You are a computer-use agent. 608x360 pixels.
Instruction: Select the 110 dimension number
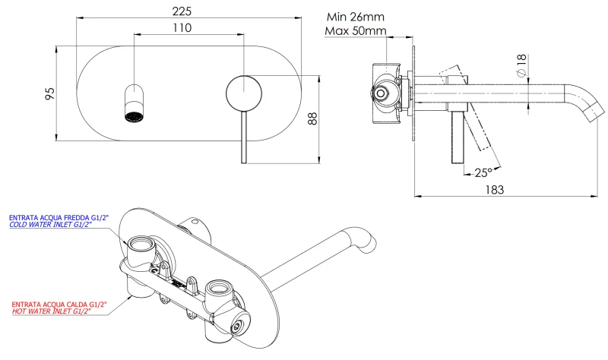[180, 27]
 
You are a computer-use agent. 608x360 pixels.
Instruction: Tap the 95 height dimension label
[49, 94]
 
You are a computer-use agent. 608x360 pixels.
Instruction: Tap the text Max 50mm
[355, 31]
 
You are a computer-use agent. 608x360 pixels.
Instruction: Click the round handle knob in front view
[243, 94]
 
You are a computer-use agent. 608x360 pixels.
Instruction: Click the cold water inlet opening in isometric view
[141, 245]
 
